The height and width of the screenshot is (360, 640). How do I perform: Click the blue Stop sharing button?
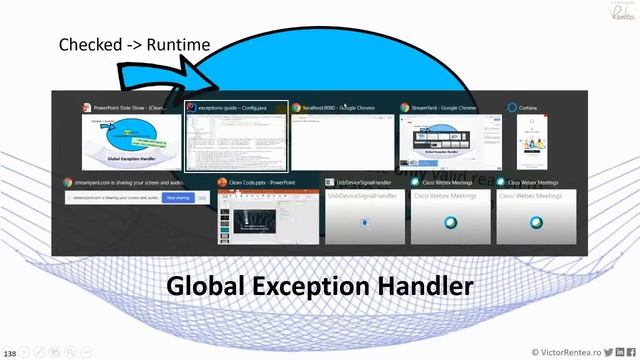(x=178, y=199)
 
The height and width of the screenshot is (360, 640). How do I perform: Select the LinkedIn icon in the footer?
(x=619, y=352)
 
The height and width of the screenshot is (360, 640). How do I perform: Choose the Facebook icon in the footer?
(x=631, y=352)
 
